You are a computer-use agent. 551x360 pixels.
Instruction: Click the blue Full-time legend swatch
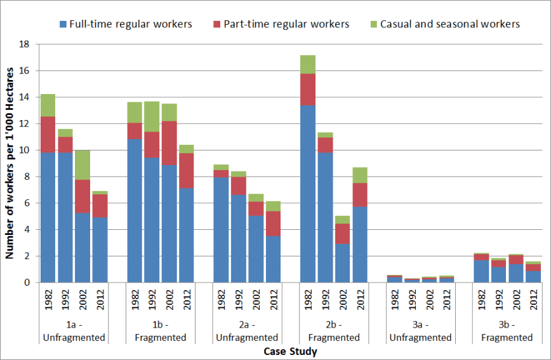pyautogui.click(x=63, y=24)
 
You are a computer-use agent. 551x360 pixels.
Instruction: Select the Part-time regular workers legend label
pyautogui.click(x=286, y=24)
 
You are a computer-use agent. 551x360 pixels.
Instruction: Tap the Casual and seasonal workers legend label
pyautogui.click(x=450, y=24)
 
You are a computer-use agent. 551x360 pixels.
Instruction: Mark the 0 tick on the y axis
pyautogui.click(x=27, y=283)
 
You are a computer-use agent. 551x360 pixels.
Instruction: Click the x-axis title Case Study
pyautogui.click(x=290, y=351)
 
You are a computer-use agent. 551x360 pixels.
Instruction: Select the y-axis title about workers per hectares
pyautogui.click(x=10, y=163)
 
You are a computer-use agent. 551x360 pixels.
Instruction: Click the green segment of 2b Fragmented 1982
pyautogui.click(x=308, y=65)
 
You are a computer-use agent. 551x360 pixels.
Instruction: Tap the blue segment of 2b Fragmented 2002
pyautogui.click(x=342, y=263)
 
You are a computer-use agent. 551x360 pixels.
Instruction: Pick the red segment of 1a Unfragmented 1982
pyautogui.click(x=48, y=135)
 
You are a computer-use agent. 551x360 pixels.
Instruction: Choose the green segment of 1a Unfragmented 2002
pyautogui.click(x=83, y=165)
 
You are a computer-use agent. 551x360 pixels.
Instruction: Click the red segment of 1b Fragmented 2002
pyautogui.click(x=169, y=143)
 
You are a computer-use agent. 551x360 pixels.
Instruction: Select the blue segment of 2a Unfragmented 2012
pyautogui.click(x=274, y=259)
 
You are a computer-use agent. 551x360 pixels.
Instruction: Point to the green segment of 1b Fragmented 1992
pyautogui.click(x=152, y=117)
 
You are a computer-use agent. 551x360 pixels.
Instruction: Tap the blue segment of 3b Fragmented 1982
pyautogui.click(x=481, y=271)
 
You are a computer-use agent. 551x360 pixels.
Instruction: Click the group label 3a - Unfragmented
pyautogui.click(x=420, y=331)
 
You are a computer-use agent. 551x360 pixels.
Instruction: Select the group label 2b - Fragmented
pyautogui.click(x=334, y=331)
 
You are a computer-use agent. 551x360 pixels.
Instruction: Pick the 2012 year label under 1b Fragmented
pyautogui.click(x=187, y=300)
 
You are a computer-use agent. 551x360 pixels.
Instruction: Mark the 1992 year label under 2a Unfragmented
pyautogui.click(x=239, y=300)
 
